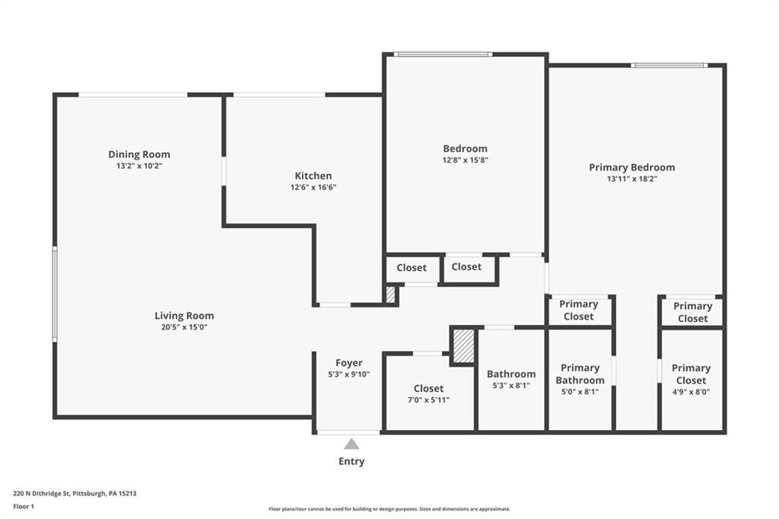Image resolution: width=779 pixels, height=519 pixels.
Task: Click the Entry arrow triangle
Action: coord(351,444)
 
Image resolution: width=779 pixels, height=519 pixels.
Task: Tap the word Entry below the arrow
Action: coord(351,461)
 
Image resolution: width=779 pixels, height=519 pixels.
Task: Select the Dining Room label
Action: coord(139,154)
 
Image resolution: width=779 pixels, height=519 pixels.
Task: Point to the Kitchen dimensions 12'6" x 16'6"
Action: coord(313,187)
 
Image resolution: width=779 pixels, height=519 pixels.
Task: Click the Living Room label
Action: coord(184,316)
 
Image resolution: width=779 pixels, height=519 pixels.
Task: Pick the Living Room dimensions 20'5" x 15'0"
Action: coord(184,327)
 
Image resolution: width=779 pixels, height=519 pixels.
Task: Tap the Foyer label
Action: coord(348,364)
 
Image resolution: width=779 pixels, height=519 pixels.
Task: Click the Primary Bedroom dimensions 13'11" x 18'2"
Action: coord(632,179)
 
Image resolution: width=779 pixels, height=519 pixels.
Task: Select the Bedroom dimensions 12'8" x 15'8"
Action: coord(466,160)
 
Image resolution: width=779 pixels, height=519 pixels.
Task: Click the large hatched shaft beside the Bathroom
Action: coord(464,346)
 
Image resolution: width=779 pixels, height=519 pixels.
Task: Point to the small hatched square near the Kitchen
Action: coord(390,295)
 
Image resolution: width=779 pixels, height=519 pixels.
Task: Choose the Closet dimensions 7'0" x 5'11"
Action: coord(428,400)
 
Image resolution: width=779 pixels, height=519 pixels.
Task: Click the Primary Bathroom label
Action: coord(580,374)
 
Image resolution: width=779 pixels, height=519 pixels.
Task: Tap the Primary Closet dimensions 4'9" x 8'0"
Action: coord(691,392)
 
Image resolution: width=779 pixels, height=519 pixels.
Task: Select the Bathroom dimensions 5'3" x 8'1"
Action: coord(511,385)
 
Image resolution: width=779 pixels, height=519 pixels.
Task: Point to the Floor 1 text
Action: coord(24,507)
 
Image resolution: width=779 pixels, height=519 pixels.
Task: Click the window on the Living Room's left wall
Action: coord(55,294)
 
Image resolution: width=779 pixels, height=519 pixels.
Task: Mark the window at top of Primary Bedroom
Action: coord(669,65)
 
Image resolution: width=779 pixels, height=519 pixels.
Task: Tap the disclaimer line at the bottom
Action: coord(389,509)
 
